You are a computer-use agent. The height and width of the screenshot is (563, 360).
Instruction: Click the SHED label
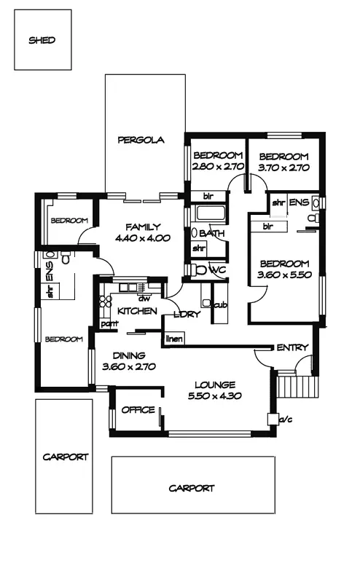coord(42,40)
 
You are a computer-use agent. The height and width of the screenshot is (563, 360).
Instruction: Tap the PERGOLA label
coord(141,140)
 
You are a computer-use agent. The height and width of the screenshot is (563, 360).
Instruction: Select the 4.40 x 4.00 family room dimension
coord(143,238)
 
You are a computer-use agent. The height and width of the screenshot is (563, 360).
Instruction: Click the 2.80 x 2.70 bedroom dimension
coord(218,167)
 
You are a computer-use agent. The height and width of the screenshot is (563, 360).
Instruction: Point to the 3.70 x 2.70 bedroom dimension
coord(283,168)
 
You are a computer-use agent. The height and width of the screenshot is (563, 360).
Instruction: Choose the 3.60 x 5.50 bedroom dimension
coord(284,275)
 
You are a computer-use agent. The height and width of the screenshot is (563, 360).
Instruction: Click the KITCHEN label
coord(137,311)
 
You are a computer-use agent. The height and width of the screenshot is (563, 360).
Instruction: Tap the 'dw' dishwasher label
coord(144,299)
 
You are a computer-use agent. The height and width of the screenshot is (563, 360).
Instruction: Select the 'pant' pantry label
coord(109,324)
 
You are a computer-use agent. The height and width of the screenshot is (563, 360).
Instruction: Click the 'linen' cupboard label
coord(174,339)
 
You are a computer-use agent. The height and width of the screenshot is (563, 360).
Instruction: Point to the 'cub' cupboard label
coord(221,306)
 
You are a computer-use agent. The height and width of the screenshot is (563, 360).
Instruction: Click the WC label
coord(218,269)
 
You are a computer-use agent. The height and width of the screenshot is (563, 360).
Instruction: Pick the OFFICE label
coord(138,410)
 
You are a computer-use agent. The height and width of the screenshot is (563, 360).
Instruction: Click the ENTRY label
coord(292,347)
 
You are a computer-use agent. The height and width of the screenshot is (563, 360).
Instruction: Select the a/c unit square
coord(273,419)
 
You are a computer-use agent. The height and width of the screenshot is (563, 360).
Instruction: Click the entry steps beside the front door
coord(298,386)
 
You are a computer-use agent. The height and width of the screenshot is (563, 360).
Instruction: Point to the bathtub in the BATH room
coord(211,213)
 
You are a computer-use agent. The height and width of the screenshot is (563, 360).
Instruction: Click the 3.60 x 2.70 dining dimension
coord(129,367)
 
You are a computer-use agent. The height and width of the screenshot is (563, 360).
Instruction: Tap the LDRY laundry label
coord(187,315)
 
